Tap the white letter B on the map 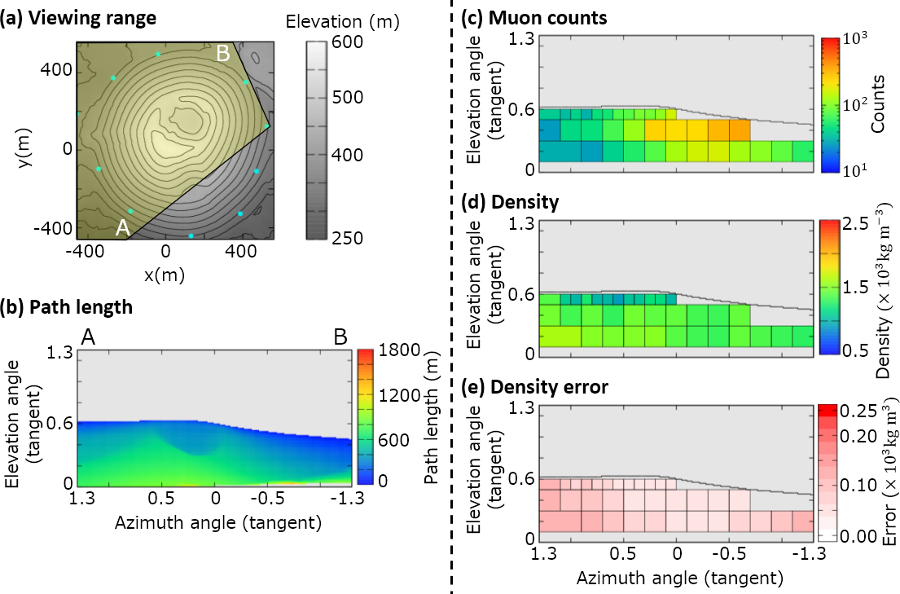tap(223, 54)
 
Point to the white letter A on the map tap(123, 228)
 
